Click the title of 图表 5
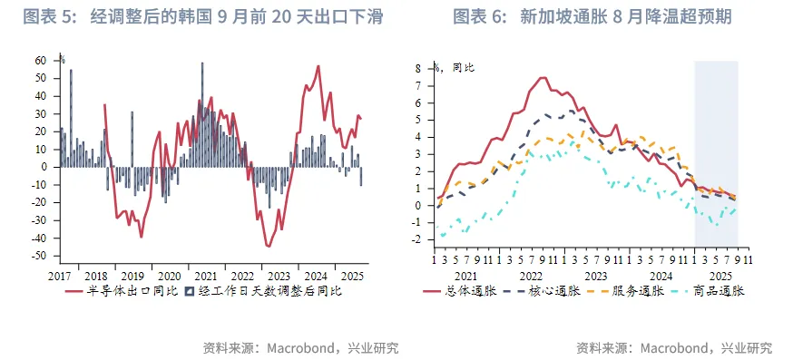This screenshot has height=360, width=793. tap(201, 17)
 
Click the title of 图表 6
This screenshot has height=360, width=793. tap(592, 17)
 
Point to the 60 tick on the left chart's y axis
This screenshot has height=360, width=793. tap(41, 61)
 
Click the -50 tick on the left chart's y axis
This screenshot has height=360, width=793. tap(39, 257)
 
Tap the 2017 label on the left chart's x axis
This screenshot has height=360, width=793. tap(61, 275)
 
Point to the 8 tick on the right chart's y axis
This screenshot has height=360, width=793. tap(418, 68)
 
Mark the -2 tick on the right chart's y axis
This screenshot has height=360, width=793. tap(416, 240)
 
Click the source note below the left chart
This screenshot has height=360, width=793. tap(300, 347)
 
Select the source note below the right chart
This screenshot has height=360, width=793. tap(674, 347)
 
